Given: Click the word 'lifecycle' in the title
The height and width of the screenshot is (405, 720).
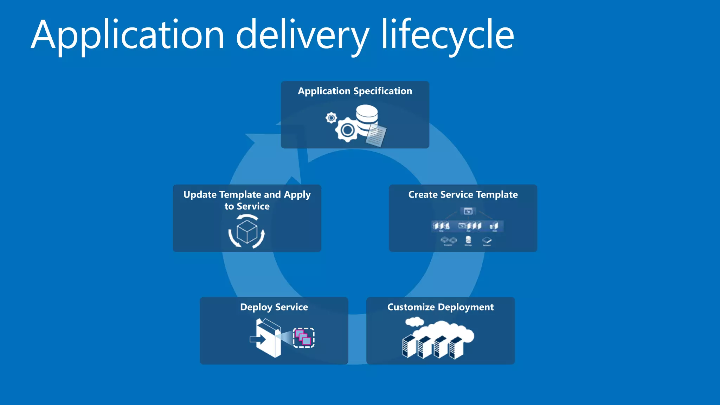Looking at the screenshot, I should [448, 35].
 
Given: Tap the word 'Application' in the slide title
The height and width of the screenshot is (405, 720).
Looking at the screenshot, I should [128, 35].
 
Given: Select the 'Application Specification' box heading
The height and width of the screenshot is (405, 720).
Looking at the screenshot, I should [355, 91].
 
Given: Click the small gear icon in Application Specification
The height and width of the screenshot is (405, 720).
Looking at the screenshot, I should [331, 118].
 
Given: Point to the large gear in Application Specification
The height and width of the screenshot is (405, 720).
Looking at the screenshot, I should [347, 130].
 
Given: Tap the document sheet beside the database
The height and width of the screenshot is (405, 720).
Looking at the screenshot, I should [376, 136].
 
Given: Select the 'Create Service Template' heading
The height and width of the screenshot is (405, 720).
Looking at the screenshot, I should [463, 195].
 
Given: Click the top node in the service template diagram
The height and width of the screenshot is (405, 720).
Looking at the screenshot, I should [468, 211].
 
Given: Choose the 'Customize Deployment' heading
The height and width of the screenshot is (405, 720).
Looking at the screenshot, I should [440, 307].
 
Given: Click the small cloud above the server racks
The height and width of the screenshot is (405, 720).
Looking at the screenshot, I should [414, 321].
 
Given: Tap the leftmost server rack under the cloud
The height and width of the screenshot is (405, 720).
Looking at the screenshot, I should [409, 346].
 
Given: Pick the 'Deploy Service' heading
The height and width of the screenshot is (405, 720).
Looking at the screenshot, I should [274, 307].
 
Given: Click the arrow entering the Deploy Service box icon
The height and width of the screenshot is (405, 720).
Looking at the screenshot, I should [258, 340].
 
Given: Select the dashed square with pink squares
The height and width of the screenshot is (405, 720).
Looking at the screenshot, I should [304, 338].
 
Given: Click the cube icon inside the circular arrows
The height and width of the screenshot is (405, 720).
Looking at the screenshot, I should [247, 232].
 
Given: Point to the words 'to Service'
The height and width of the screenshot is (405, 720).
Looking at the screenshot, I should [247, 206].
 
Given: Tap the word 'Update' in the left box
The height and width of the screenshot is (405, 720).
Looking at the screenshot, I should [200, 195].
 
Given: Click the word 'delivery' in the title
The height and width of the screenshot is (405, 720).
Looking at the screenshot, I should [302, 35].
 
